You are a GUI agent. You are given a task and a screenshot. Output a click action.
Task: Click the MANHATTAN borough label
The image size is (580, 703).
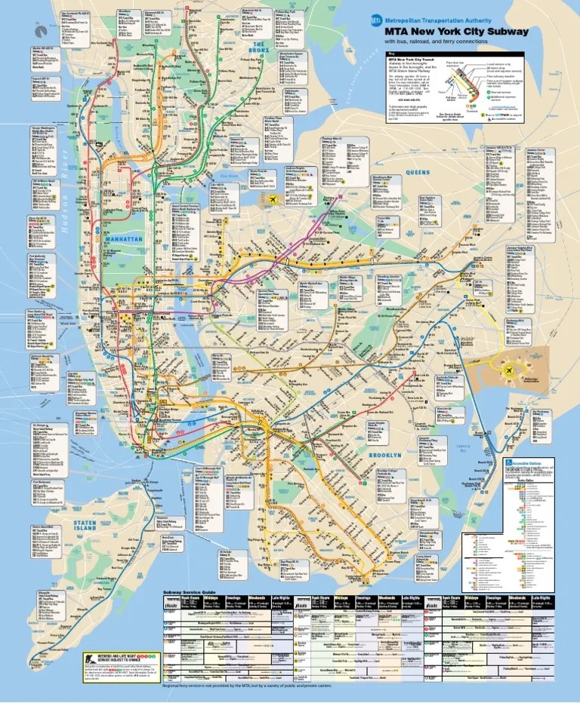point(122,239)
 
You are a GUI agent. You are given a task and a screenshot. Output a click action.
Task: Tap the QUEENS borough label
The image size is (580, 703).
point(418,172)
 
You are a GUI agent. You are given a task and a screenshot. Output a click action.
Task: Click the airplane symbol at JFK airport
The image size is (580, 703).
point(510,371)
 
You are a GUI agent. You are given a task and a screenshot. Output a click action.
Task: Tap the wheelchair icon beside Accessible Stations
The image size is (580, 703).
point(509,461)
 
